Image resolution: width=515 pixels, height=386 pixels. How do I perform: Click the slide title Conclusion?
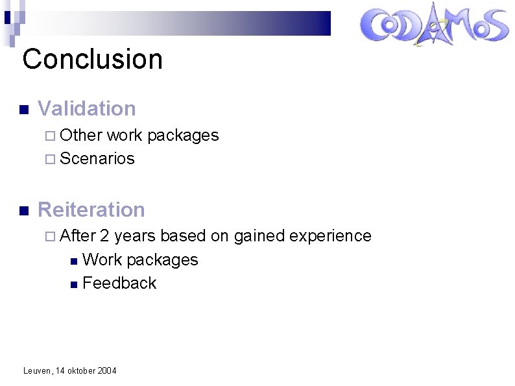(x=92, y=59)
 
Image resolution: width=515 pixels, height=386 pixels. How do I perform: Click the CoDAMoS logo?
(x=434, y=27)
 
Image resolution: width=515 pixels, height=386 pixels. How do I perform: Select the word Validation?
(x=87, y=108)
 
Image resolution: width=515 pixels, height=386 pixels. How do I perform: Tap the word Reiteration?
(x=91, y=210)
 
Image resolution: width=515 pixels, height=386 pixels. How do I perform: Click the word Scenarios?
(x=97, y=158)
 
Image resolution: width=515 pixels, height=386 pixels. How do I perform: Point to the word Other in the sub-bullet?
(x=82, y=135)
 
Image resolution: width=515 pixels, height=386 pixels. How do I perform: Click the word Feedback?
(x=119, y=283)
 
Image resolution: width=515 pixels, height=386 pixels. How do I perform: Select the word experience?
(x=330, y=235)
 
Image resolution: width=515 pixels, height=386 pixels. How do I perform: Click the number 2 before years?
(x=104, y=235)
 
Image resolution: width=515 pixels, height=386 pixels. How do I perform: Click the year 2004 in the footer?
(x=106, y=370)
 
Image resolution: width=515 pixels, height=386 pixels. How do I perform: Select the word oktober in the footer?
(x=80, y=370)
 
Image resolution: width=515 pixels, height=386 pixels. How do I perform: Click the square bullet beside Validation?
(x=24, y=110)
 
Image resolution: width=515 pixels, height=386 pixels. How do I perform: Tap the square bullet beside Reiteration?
(x=24, y=211)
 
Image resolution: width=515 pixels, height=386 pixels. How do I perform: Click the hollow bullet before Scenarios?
(x=52, y=159)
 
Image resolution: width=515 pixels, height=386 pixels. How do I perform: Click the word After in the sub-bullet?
(x=78, y=235)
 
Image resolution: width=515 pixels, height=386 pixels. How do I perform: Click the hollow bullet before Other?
(x=52, y=136)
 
